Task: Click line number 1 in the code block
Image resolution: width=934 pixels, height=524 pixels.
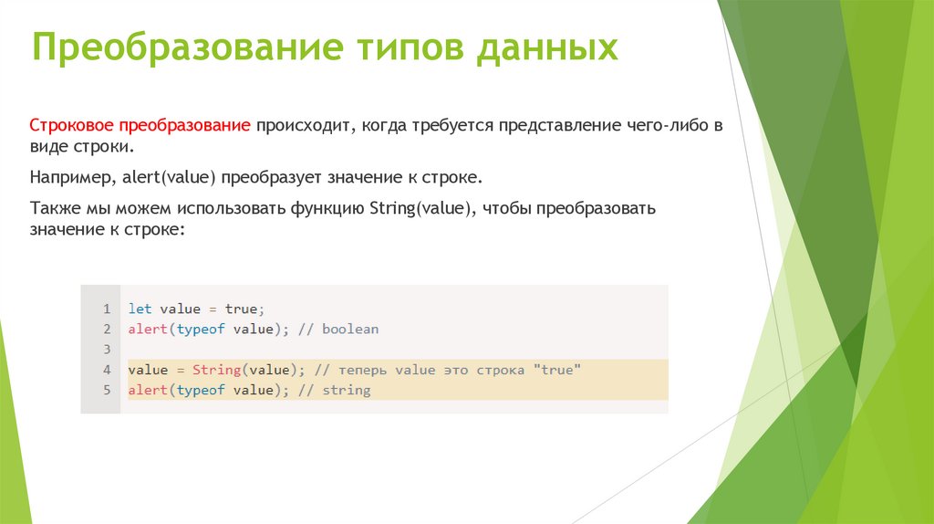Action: pyautogui.click(x=107, y=309)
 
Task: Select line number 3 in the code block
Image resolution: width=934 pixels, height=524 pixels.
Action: pyautogui.click(x=107, y=350)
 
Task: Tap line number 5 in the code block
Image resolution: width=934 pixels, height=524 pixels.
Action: pyautogui.click(x=107, y=390)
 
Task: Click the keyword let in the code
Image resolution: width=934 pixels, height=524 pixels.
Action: pyautogui.click(x=140, y=309)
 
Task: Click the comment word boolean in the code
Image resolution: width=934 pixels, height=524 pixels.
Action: pyautogui.click(x=350, y=329)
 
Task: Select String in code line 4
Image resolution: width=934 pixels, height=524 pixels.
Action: pyautogui.click(x=216, y=370)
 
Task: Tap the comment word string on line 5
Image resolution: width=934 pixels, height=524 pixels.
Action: pyautogui.click(x=347, y=390)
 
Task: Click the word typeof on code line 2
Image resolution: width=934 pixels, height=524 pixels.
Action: pyautogui.click(x=201, y=329)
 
